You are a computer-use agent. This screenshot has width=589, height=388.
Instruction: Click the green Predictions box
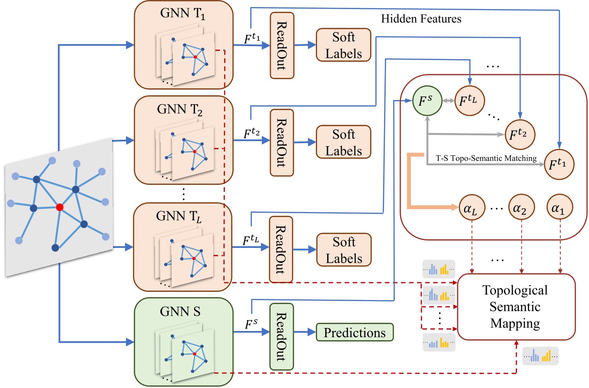[x=354, y=333]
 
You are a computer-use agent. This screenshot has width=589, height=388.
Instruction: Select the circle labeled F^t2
[x=520, y=133]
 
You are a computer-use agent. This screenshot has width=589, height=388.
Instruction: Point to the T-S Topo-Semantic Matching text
[x=486, y=158]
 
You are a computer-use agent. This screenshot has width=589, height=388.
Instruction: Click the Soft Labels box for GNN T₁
[x=344, y=44]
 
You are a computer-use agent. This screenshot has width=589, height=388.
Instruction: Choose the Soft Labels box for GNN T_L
[x=344, y=250]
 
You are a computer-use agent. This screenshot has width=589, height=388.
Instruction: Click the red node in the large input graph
[x=60, y=207]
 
